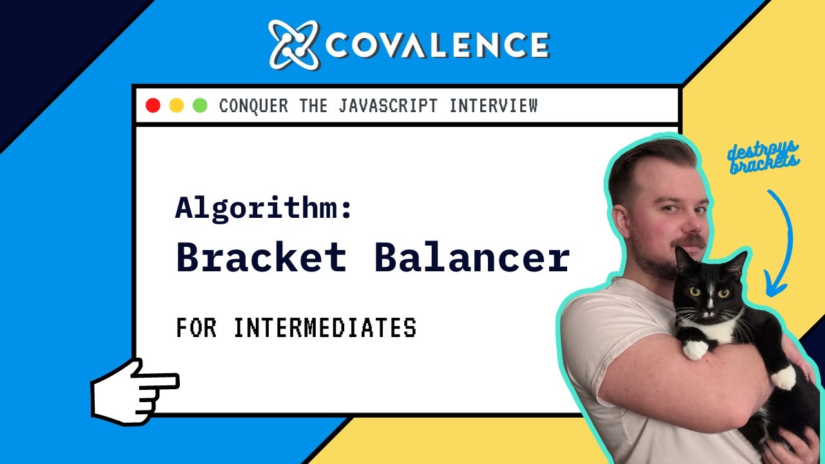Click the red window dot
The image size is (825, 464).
point(153,106)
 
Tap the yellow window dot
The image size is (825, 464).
point(176,106)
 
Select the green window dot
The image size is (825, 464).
point(200,106)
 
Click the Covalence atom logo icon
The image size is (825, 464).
point(294,44)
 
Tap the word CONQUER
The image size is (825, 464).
point(253,106)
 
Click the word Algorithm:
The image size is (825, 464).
point(264,208)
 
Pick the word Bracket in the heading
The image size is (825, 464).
point(261,258)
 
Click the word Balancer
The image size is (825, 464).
point(472,258)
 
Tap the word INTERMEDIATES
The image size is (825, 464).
point(324,328)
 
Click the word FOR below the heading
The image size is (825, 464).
point(196,328)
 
